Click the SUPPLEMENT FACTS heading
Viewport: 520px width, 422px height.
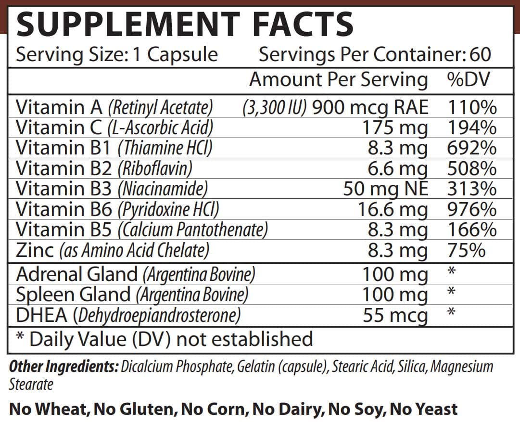[185, 24]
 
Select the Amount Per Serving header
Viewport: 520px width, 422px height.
[338, 79]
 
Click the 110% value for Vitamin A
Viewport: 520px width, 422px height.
[471, 107]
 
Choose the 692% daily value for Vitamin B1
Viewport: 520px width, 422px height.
[471, 148]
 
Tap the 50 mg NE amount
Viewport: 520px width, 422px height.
[385, 189]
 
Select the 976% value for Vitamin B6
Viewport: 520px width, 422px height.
[471, 209]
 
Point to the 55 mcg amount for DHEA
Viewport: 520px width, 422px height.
[395, 316]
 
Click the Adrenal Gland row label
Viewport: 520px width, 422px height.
[77, 274]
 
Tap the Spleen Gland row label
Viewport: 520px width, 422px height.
[73, 294]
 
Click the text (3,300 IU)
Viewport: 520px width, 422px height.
[275, 107]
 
